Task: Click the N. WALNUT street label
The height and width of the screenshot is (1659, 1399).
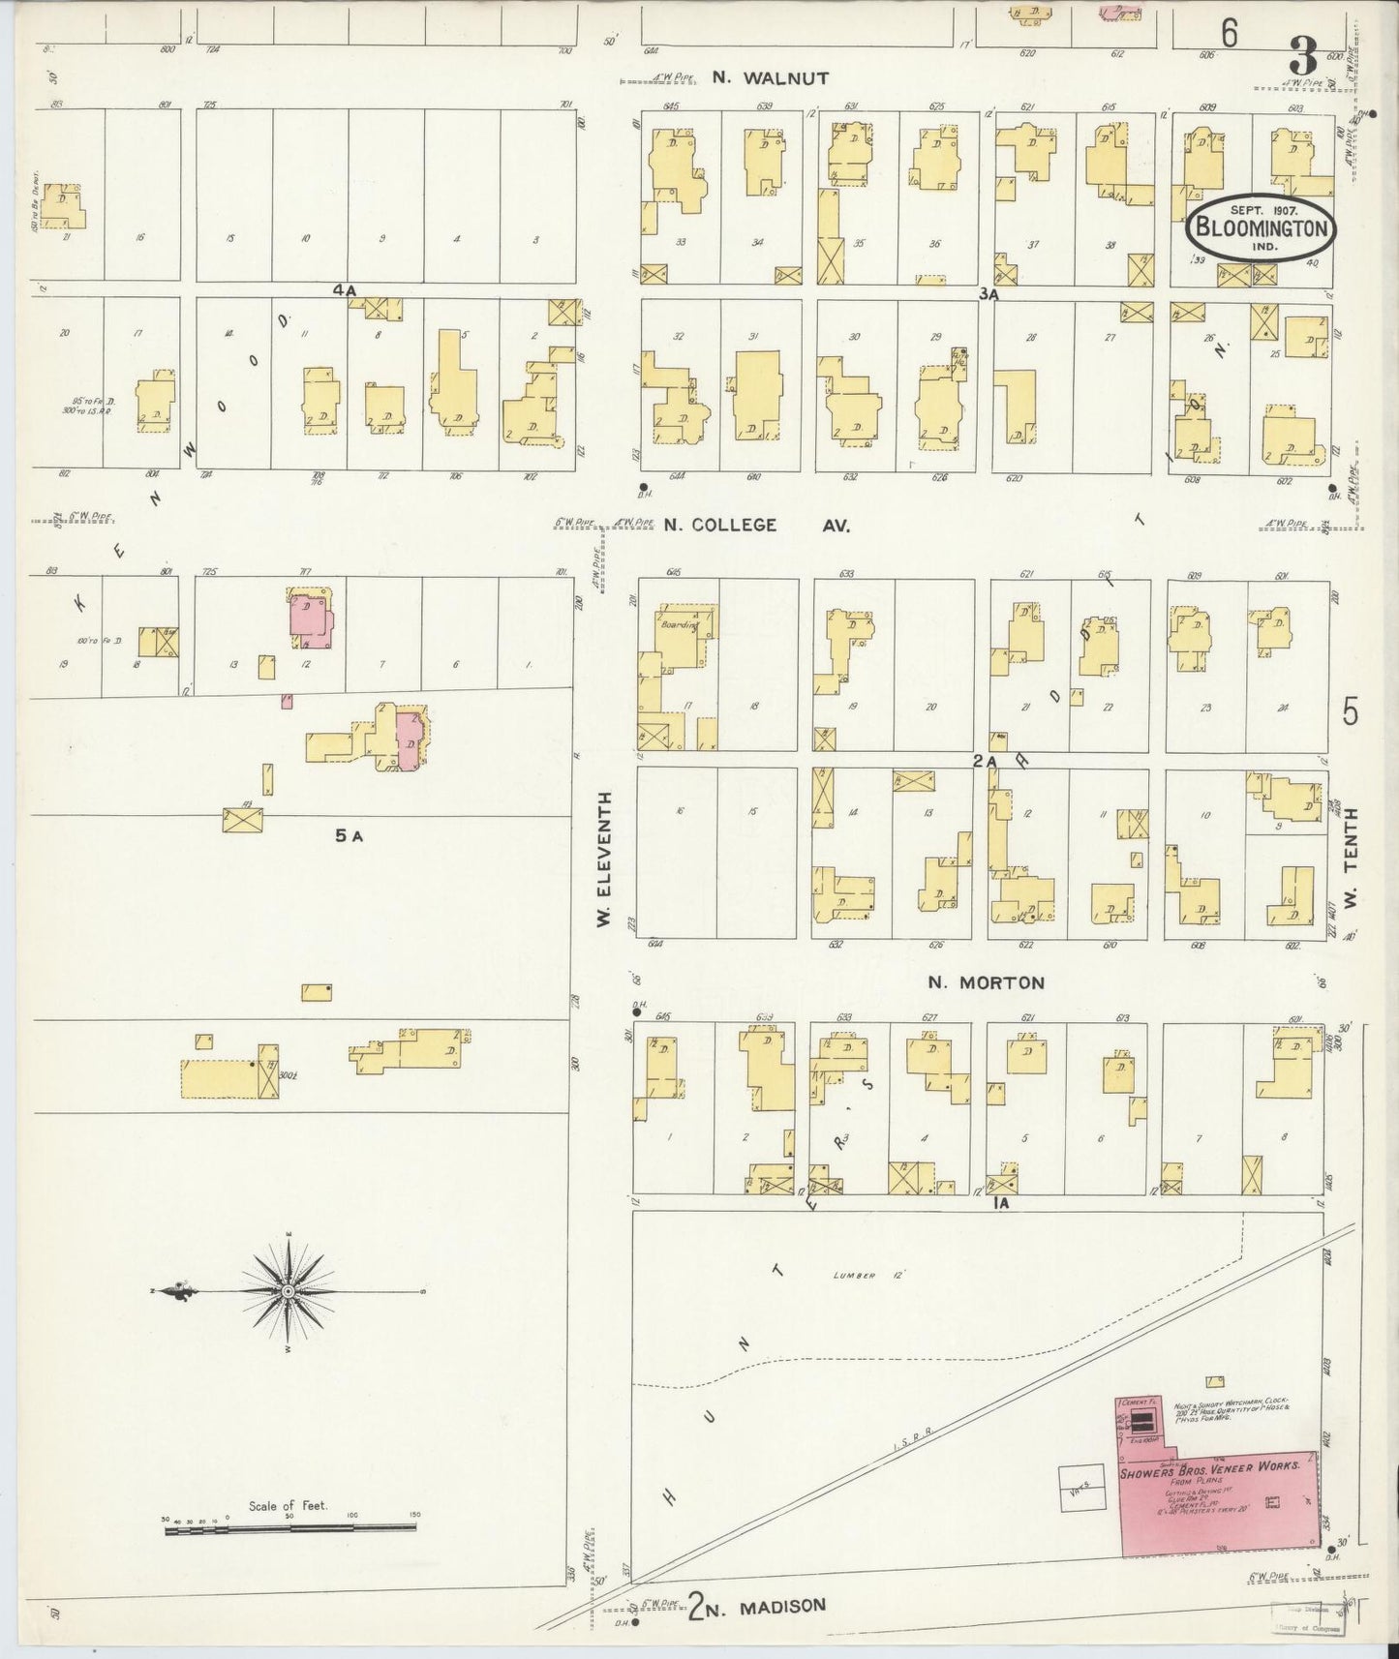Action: [771, 78]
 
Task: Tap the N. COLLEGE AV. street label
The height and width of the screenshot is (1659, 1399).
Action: [757, 526]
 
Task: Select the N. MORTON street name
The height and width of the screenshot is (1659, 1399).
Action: [986, 982]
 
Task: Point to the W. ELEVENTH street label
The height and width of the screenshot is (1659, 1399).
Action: [605, 859]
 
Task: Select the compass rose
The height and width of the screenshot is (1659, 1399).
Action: [289, 1292]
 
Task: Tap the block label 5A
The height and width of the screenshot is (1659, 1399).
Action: [349, 835]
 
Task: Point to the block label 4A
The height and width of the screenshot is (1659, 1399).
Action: [345, 289]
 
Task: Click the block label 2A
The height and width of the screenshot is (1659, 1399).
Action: [985, 762]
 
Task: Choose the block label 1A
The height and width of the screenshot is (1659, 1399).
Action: [1000, 1203]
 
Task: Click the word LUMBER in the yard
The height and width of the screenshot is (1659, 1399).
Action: [853, 1276]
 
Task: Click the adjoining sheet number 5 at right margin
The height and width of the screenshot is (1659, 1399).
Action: [1351, 711]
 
